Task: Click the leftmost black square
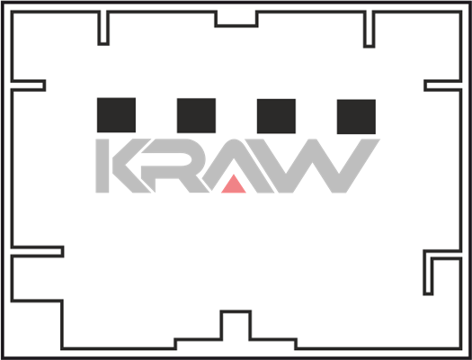(x=116, y=115)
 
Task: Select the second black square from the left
(x=196, y=115)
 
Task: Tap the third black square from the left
(x=276, y=116)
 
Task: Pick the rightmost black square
(x=356, y=117)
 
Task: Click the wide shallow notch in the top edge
(x=236, y=26)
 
